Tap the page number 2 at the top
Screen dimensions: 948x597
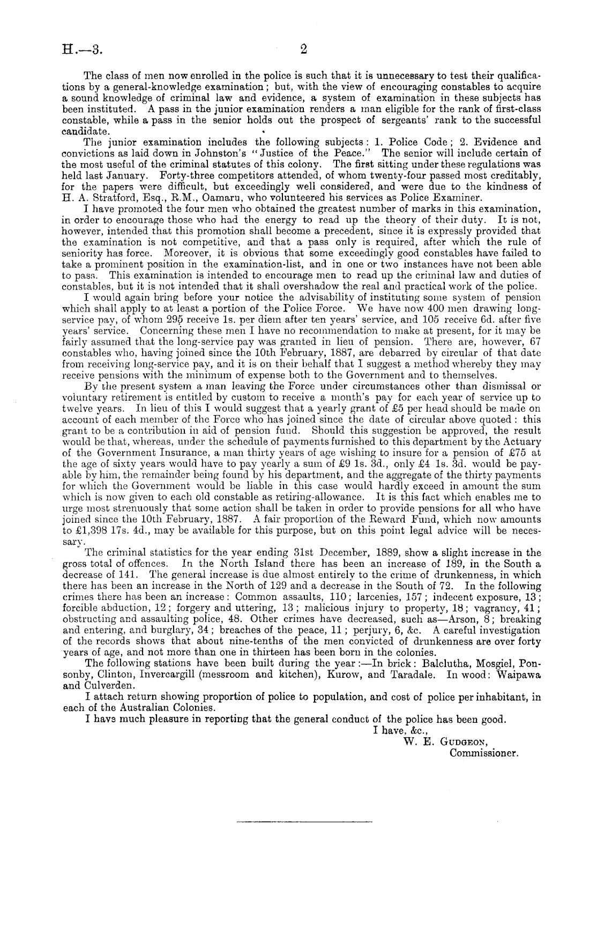[303, 49]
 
